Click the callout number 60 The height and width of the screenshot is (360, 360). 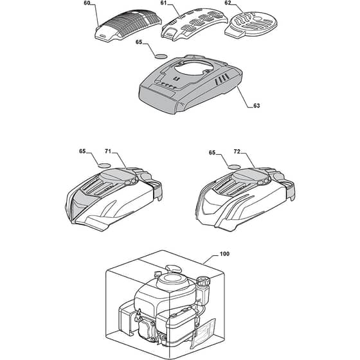pos(87,3)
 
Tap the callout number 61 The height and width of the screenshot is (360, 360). pos(164,3)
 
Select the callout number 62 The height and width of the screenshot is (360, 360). pos(228,3)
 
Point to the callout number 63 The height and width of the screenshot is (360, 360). pos(256,105)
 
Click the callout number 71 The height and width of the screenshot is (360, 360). pos(108,151)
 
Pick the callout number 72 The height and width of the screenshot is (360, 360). pos(237,152)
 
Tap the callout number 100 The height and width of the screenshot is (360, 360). pos(224,254)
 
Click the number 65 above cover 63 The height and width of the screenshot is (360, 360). pos(139,42)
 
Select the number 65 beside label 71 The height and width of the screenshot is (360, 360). pos(82,151)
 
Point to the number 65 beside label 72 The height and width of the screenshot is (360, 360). pos(212,153)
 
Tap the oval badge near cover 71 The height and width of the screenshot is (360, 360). pos(104,165)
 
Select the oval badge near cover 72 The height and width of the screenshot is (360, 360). pos(235,166)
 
